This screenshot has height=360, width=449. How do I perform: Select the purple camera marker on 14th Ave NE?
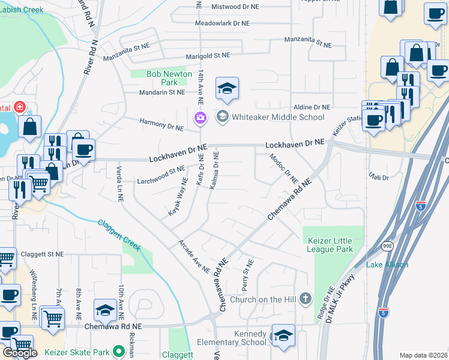click(200, 119)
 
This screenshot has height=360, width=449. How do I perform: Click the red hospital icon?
click(20, 107)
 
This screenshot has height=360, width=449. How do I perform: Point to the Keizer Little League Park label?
click(330, 245)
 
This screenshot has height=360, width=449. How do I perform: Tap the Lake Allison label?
click(387, 265)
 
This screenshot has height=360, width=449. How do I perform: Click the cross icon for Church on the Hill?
click(305, 298)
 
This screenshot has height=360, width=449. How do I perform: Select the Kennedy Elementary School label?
click(232, 338)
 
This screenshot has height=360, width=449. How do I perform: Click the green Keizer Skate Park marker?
click(119, 350)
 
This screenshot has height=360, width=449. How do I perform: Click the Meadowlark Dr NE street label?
click(222, 23)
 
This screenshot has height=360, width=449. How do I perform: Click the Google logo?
click(19, 353)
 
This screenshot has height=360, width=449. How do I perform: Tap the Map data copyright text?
click(423, 355)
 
